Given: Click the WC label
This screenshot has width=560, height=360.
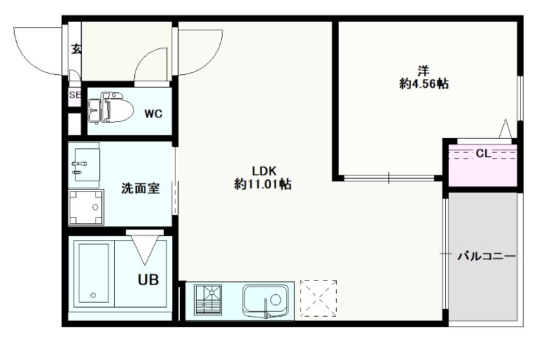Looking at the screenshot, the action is tap(153, 113).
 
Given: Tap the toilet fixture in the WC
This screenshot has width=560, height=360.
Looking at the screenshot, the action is tap(111, 107).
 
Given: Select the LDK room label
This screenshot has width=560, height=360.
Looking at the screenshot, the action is tap(265, 169).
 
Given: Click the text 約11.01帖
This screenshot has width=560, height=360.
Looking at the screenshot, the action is tap(262, 184).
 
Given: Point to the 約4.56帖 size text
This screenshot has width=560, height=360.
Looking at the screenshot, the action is tap(423, 84).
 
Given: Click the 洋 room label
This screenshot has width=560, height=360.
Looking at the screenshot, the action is tap(423, 71).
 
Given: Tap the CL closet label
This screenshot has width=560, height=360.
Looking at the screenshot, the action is tap(484, 153).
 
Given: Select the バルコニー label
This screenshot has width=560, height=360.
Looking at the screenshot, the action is tap(486, 256).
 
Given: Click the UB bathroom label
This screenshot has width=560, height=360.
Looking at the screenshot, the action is tap(148, 280).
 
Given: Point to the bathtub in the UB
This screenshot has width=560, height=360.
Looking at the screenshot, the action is tap(94, 273).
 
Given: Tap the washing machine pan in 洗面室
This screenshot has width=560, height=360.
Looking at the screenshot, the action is tap(86, 207).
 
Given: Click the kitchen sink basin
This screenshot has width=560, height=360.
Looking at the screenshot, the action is tap(265, 300).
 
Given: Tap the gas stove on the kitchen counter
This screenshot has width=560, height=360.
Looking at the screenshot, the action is tap(208, 300).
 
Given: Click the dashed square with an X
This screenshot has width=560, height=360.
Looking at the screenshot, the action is tap(318, 298).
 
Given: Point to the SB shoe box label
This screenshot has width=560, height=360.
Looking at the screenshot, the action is tap(76, 95).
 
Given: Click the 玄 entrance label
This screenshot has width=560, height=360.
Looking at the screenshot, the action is tap(76, 49).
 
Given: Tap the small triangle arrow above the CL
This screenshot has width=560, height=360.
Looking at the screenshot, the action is tap(505, 128).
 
